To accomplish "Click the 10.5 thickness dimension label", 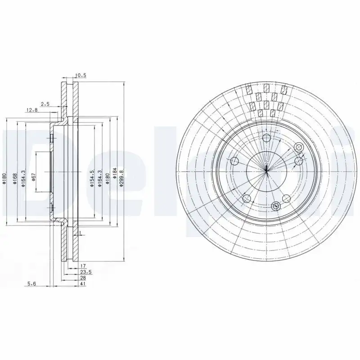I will (81, 76).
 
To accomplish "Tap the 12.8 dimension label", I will (31, 111).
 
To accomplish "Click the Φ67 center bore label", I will (34, 177).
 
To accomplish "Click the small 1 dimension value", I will (80, 233).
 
